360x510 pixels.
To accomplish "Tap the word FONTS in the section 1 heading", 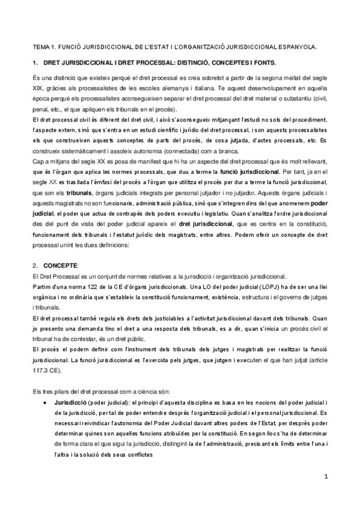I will point(264,63).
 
